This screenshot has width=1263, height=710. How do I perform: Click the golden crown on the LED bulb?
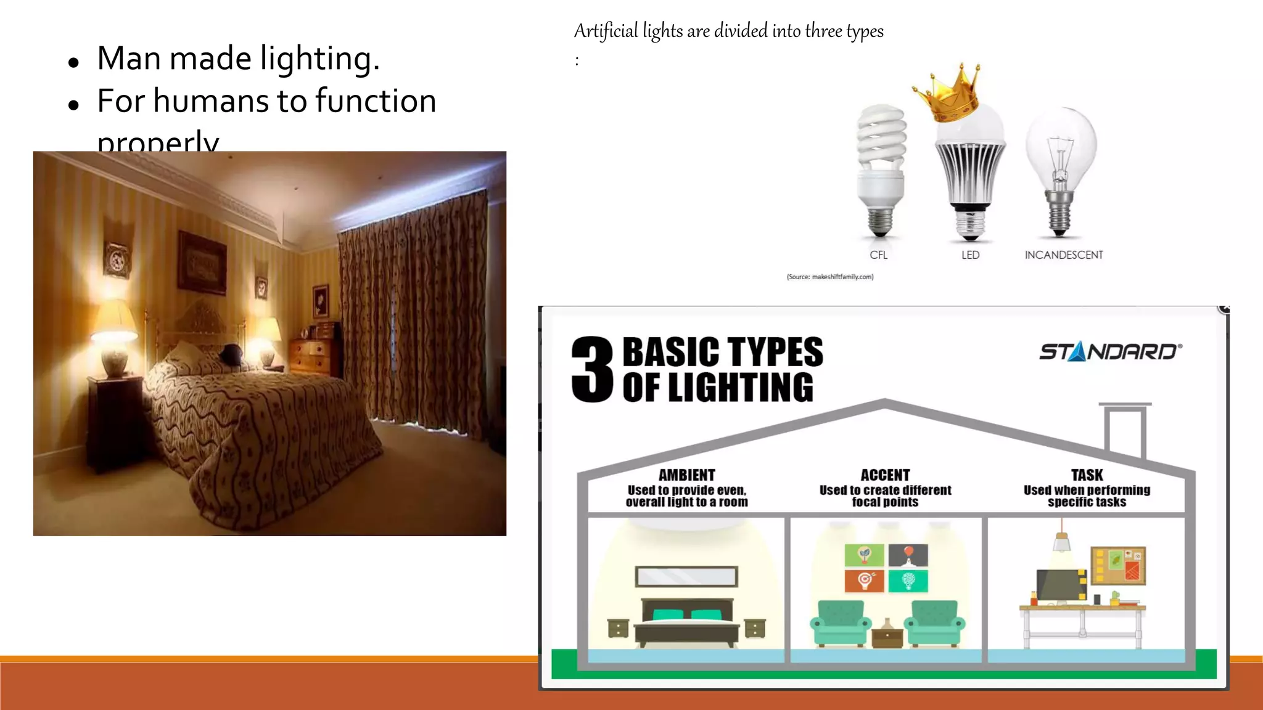click(948, 92)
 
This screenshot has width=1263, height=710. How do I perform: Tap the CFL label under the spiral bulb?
click(878, 255)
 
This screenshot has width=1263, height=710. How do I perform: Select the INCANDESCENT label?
click(1063, 255)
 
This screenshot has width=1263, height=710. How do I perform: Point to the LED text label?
click(970, 255)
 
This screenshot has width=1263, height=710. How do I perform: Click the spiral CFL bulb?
click(881, 169)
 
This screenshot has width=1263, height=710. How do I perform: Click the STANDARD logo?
click(1110, 352)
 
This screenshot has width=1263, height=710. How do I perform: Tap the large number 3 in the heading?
click(592, 370)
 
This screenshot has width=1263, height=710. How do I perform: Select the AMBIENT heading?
click(686, 475)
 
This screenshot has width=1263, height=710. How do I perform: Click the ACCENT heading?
click(885, 475)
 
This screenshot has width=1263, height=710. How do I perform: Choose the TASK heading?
click(1087, 475)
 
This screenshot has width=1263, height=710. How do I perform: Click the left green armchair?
click(840, 622)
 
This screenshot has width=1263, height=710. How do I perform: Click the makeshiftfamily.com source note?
click(829, 277)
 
